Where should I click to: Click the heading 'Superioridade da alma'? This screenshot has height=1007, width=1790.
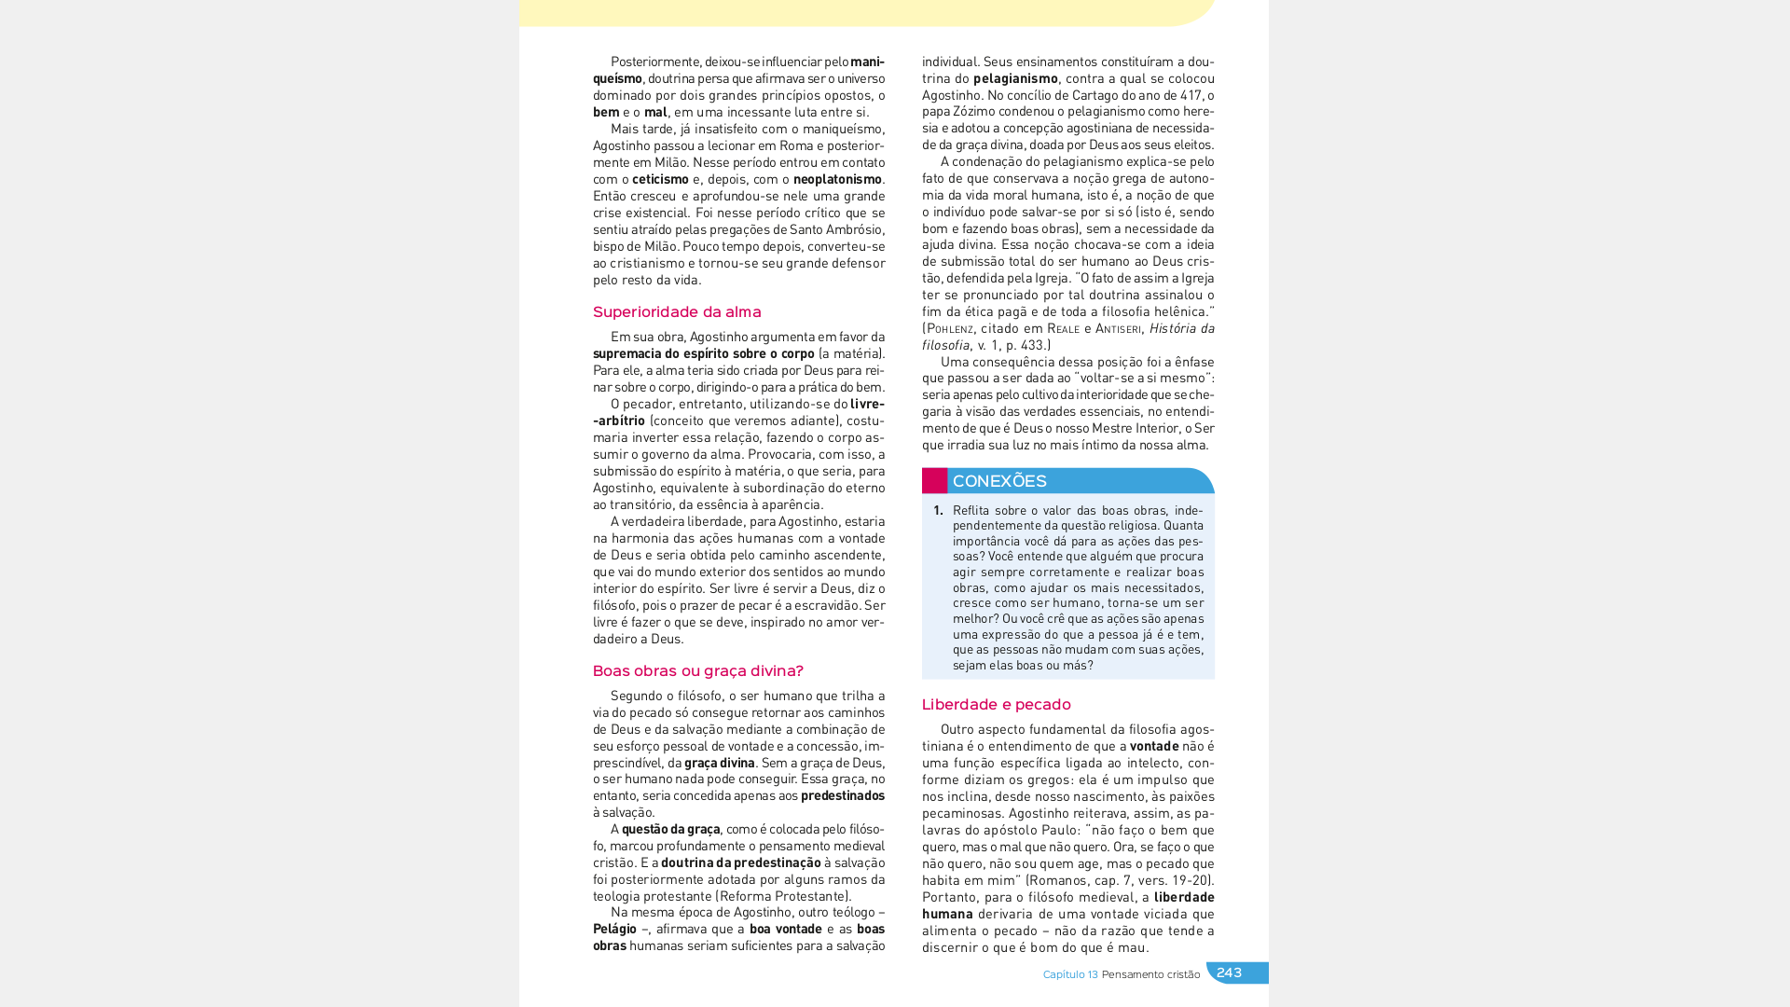(x=677, y=312)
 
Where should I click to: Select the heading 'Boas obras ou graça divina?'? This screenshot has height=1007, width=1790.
(x=697, y=671)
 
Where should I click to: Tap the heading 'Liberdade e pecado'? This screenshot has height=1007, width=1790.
(x=996, y=705)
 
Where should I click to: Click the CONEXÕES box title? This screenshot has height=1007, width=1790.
(x=999, y=481)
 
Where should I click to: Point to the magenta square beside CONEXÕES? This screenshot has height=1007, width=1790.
(x=934, y=480)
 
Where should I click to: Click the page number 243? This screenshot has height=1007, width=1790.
(x=1229, y=973)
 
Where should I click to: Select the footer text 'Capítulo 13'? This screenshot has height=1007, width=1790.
(x=1070, y=974)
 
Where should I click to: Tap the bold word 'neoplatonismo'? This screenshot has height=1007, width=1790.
(x=837, y=179)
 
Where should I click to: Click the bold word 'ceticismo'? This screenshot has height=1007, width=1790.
(x=660, y=179)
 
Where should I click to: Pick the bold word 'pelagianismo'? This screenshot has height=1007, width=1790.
(x=1015, y=78)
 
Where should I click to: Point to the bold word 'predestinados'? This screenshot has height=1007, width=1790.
(x=843, y=795)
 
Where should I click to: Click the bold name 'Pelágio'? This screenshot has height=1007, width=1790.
(x=614, y=929)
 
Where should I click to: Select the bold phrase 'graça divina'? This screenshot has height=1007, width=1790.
(x=720, y=763)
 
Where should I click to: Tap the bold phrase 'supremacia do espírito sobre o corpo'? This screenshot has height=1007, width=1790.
(x=704, y=353)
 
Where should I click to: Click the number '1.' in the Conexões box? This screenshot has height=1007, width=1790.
(x=938, y=510)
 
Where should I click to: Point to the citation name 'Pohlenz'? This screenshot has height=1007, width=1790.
(x=950, y=328)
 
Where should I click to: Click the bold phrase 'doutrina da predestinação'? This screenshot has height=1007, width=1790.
(x=741, y=862)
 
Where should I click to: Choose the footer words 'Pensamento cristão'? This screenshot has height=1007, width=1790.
(x=1150, y=974)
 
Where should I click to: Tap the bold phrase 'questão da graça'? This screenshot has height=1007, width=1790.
(x=671, y=829)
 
